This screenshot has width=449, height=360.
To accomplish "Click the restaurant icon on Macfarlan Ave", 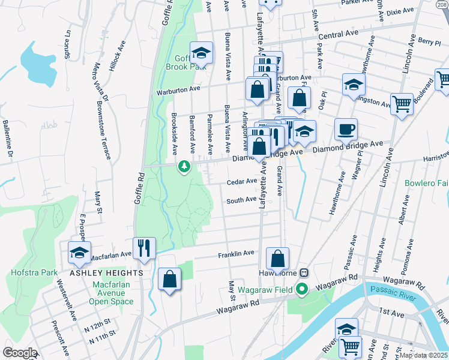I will click(144, 248).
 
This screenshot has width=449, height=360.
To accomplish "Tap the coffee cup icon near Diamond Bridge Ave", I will click(345, 129).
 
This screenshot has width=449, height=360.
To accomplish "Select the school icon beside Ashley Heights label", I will click(79, 253).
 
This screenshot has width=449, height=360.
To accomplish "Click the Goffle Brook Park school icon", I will click(202, 53).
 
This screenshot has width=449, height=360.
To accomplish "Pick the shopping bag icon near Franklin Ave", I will click(277, 259).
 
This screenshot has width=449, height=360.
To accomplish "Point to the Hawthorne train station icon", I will click(304, 272).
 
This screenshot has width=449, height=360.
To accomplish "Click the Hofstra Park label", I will click(34, 272).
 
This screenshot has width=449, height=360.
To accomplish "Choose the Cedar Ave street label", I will click(241, 182).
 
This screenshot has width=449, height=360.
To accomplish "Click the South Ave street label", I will click(241, 200).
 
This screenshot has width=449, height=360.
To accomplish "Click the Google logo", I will click(20, 353).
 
